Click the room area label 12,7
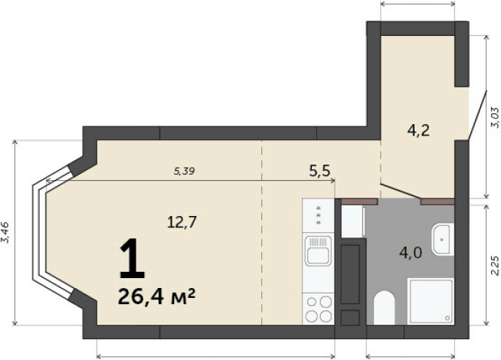182,221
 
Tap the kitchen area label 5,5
319,171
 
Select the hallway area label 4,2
418,130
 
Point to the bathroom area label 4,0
411,253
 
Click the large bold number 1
132,258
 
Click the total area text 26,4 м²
156,296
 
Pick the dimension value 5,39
184,172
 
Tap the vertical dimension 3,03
494,117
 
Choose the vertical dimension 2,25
495,266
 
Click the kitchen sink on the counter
318,250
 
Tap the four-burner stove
319,309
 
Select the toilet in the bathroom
384,308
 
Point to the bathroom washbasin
443,240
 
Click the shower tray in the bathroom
431,301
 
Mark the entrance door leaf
477,116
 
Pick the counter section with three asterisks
318,215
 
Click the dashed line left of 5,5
262,233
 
